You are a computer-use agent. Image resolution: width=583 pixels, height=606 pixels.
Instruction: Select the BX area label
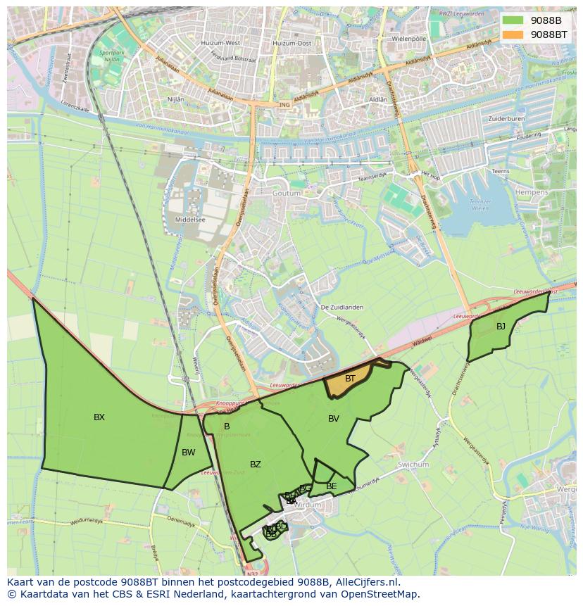[x=99, y=417]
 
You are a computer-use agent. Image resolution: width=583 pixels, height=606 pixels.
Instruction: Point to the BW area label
[x=188, y=453]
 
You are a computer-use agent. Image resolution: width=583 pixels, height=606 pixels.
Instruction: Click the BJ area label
[x=501, y=327]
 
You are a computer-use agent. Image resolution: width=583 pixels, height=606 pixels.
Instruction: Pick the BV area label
[x=334, y=419]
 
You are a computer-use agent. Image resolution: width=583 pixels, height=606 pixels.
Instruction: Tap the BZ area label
[x=256, y=465]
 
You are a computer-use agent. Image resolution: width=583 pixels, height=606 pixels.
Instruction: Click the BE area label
[x=332, y=486]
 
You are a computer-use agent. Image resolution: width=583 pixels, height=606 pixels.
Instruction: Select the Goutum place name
[x=286, y=193]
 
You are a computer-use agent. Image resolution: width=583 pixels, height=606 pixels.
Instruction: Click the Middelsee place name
[x=189, y=220]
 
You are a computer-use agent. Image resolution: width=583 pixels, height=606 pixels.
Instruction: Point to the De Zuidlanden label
[x=340, y=308]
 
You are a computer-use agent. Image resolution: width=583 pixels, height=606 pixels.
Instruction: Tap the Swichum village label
[x=413, y=465]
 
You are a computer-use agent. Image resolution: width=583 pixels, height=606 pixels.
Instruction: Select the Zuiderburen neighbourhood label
[x=506, y=118]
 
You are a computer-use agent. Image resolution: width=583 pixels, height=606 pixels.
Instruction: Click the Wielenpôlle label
[x=410, y=39]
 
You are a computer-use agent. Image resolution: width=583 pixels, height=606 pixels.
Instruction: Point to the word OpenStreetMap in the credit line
[x=381, y=594]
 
